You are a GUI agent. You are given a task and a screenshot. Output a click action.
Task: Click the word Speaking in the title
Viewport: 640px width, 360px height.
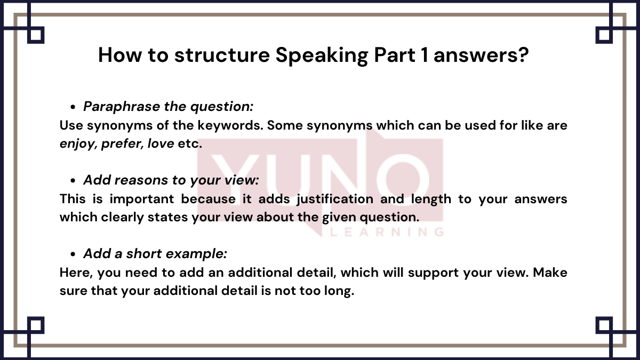(x=322, y=55)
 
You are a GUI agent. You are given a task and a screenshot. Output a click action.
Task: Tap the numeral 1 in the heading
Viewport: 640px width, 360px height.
(x=425, y=54)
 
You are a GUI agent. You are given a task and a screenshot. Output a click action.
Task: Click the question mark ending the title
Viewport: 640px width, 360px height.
(x=523, y=54)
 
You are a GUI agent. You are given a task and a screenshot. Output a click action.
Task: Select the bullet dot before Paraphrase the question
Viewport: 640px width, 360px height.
(x=73, y=107)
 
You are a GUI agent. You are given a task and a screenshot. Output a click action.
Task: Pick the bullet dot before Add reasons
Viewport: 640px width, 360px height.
(x=73, y=181)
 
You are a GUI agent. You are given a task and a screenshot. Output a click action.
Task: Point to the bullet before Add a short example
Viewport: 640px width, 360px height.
(x=73, y=254)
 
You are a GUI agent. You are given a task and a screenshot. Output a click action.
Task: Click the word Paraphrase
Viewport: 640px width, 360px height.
(x=122, y=107)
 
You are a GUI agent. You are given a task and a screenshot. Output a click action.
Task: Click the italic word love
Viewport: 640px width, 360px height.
(x=161, y=143)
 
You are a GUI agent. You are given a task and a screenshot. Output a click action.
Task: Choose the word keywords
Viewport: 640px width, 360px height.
(x=230, y=125)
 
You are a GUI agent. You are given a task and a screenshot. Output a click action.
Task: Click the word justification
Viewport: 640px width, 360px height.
(x=335, y=199)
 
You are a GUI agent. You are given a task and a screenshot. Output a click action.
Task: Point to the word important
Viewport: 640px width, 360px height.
(x=142, y=199)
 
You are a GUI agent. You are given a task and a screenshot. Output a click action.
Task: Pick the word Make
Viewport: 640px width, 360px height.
(x=550, y=273)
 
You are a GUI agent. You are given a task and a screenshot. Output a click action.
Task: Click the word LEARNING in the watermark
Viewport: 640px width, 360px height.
(x=387, y=231)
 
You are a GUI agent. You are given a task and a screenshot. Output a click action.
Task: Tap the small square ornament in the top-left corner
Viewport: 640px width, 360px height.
(x=36, y=35)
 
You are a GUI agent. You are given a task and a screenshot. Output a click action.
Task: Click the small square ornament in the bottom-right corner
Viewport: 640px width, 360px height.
(x=604, y=325)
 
